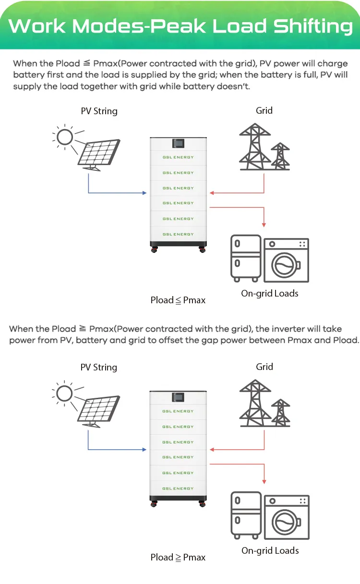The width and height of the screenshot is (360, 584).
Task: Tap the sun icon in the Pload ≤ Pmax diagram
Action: pyautogui.click(x=64, y=137)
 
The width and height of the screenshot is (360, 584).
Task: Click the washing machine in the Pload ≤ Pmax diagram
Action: pyautogui.click(x=287, y=261)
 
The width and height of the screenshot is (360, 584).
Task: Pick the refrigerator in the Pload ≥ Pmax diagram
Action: pyautogui.click(x=245, y=516)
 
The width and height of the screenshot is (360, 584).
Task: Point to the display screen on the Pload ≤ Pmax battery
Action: pyautogui.click(x=178, y=143)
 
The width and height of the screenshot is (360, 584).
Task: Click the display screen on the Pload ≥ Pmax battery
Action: pyautogui.click(x=178, y=397)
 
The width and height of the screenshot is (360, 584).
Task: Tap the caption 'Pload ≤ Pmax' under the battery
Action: pyautogui.click(x=178, y=300)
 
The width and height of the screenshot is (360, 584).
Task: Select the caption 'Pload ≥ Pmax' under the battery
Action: pyautogui.click(x=178, y=558)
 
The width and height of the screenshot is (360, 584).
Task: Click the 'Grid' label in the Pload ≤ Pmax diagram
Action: pyautogui.click(x=264, y=111)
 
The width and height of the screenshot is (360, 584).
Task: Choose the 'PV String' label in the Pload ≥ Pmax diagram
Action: pyautogui.click(x=98, y=368)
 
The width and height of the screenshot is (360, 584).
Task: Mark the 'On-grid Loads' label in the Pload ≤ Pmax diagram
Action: pyautogui.click(x=269, y=294)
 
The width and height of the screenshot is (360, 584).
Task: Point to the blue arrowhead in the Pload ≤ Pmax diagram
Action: pyautogui.click(x=144, y=193)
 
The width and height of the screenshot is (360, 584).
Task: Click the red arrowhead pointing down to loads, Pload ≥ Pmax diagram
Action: pyautogui.click(x=264, y=481)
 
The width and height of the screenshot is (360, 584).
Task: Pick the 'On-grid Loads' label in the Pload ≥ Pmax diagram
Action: pyautogui.click(x=270, y=550)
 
